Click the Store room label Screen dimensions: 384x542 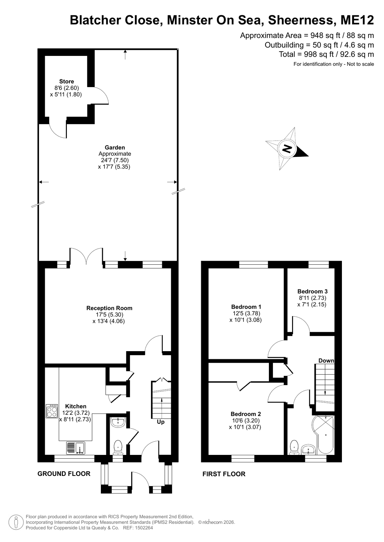67,81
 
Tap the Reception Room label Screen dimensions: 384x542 109,308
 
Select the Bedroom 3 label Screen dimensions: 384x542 312,291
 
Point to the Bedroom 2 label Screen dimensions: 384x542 246,414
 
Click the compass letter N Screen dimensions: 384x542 287,148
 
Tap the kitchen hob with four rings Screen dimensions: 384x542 52,411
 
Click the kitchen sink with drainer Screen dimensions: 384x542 75,448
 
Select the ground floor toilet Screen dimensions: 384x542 118,447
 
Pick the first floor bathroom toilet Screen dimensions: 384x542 294,447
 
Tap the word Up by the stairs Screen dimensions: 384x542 161,422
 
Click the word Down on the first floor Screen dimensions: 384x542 326,361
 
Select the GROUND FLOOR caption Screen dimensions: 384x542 64,474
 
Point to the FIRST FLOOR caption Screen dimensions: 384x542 224,474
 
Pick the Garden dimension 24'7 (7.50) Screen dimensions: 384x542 115,160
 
